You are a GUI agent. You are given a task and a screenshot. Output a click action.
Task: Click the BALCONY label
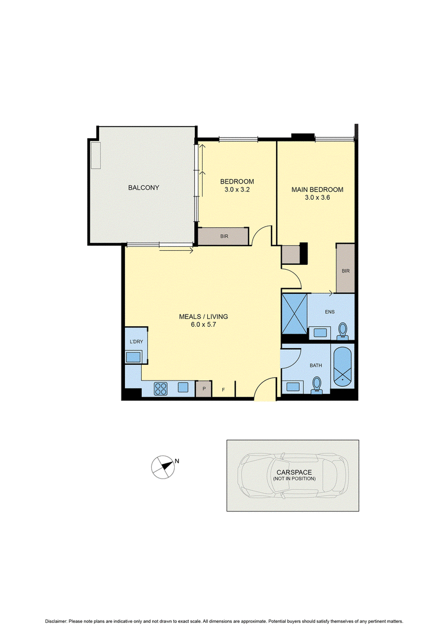tap(143, 187)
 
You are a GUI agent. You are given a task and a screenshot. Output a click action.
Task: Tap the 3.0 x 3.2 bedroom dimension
tap(237, 190)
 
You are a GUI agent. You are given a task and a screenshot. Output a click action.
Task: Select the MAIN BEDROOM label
tap(318, 190)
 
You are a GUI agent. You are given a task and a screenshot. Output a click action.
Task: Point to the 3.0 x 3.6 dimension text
tap(318, 198)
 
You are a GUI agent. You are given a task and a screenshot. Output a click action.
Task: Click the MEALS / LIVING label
tap(204, 317)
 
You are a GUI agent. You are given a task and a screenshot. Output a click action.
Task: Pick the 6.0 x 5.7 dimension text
tap(204, 325)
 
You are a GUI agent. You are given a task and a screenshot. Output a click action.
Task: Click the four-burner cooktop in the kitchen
tap(160, 388)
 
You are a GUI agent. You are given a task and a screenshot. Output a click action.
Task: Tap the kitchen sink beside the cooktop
tap(183, 387)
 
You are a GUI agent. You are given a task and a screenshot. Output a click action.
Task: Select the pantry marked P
tap(204, 389)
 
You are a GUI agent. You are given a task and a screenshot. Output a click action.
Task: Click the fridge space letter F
tap(223, 390)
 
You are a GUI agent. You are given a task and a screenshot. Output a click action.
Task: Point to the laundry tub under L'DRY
tap(133, 357)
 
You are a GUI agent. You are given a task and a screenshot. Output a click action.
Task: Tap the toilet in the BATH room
tap(317, 385)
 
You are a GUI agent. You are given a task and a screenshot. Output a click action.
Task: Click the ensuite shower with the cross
tap(294, 314)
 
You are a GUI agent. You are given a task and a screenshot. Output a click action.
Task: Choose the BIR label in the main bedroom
tap(346, 271)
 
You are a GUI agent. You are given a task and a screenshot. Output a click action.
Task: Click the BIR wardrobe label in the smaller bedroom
tap(224, 237)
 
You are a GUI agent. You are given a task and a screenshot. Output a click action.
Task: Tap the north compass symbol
tap(163, 467)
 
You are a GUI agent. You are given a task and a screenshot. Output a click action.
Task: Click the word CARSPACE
tap(294, 472)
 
